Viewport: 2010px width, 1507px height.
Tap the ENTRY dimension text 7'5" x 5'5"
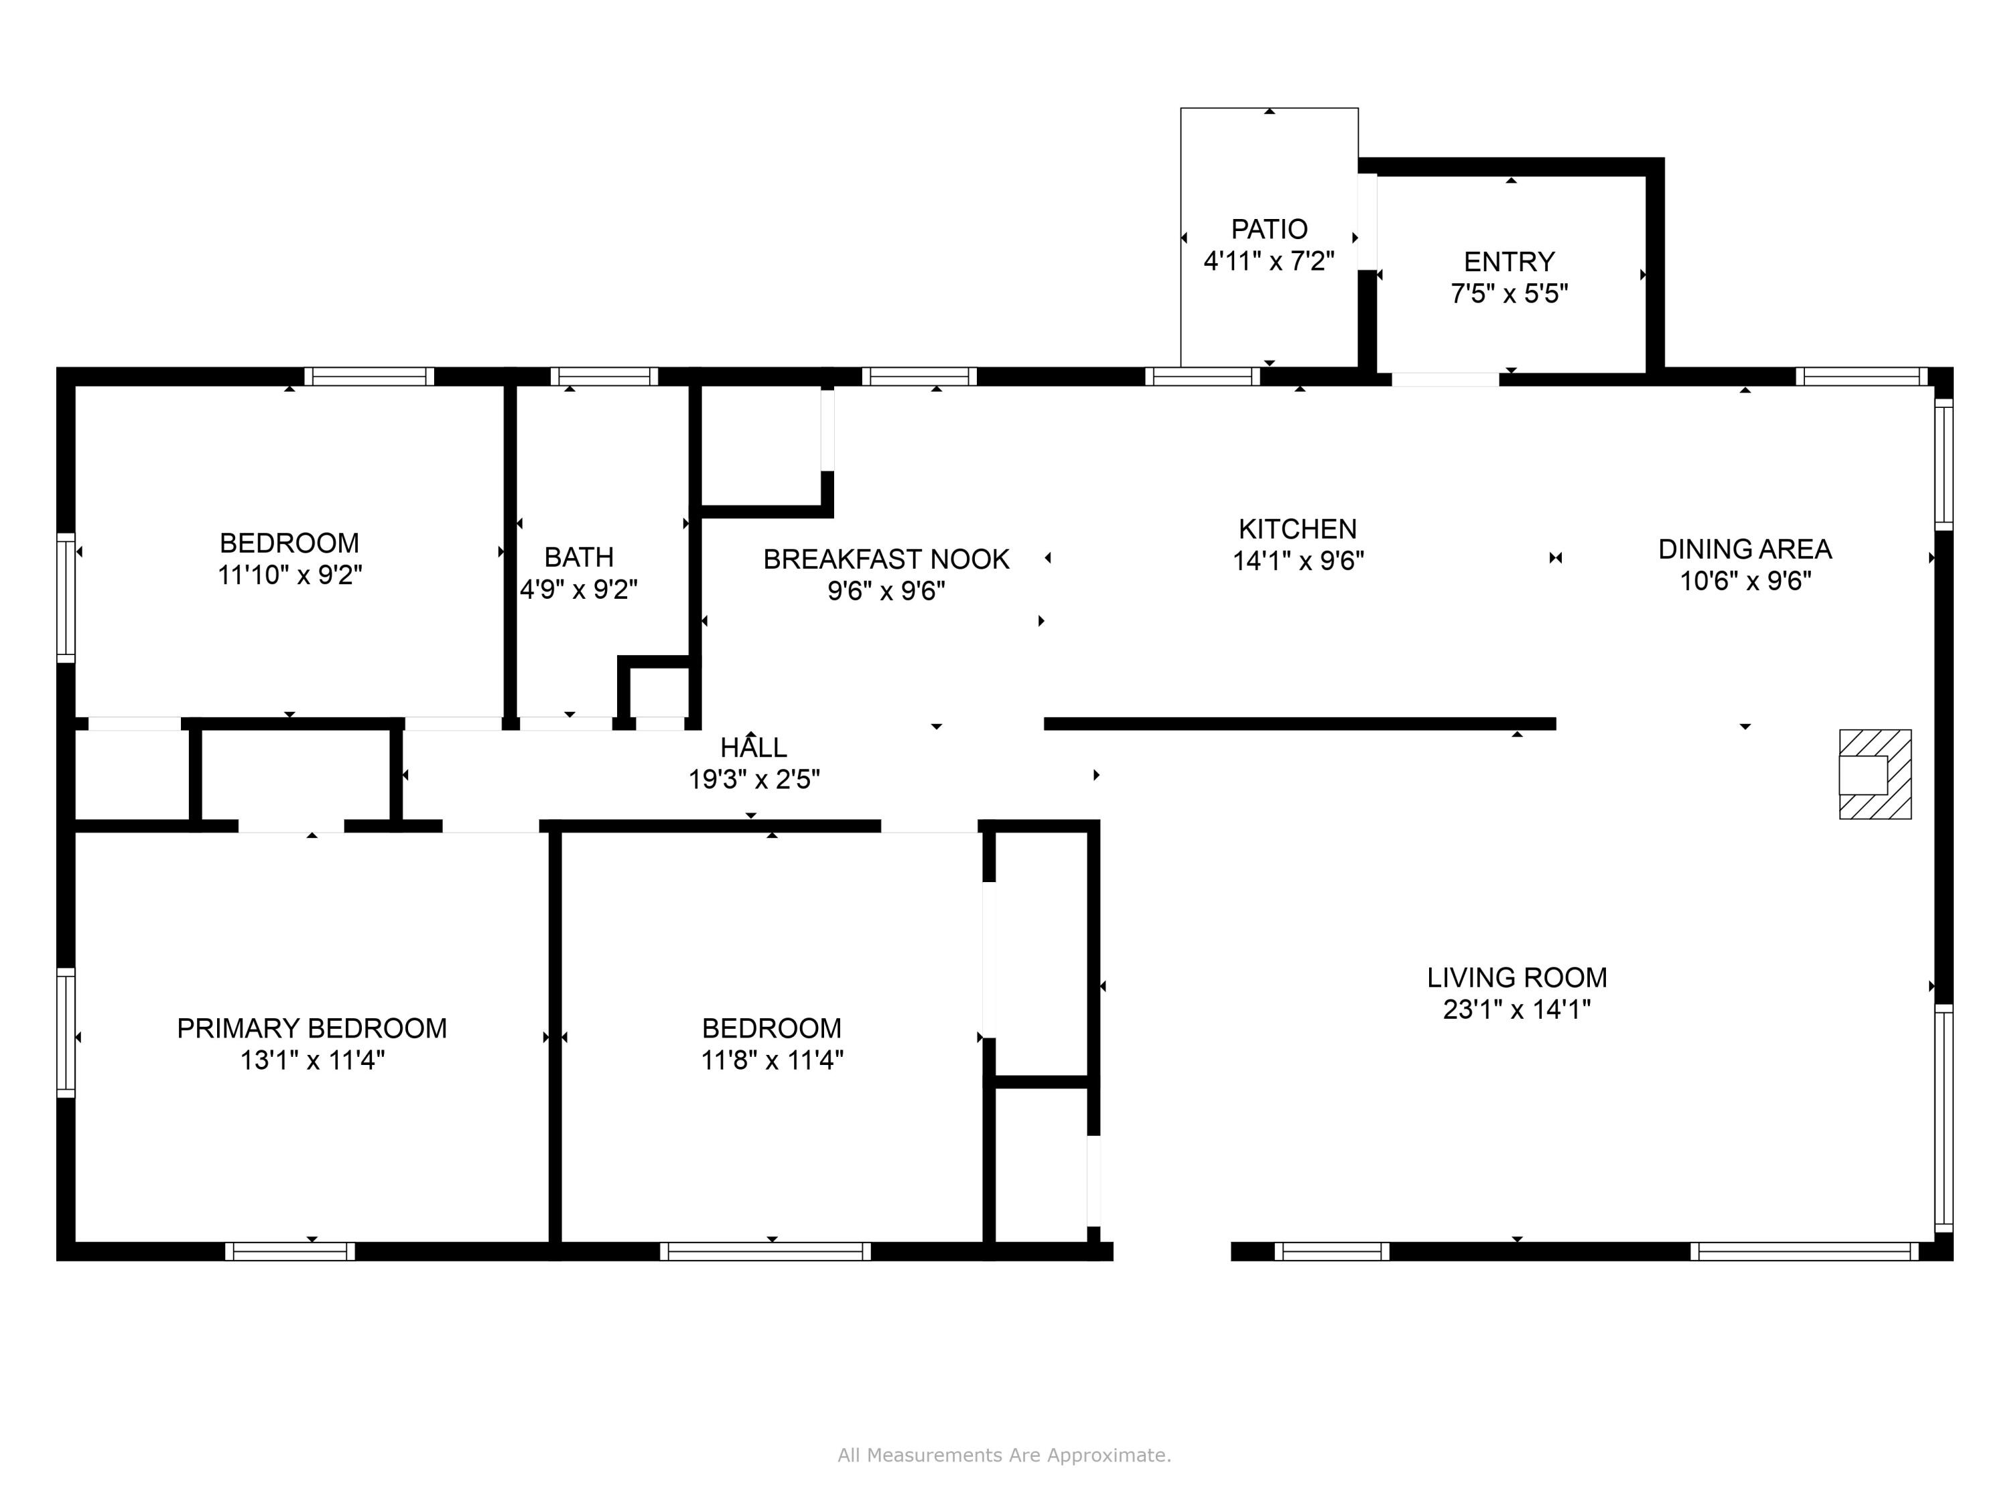(x=1510, y=294)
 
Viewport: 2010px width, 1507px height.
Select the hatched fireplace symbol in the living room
(x=1875, y=774)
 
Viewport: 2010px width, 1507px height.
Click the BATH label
(x=579, y=557)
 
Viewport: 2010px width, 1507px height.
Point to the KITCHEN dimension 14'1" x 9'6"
(x=1298, y=561)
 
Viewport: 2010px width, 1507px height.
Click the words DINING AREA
(x=1745, y=549)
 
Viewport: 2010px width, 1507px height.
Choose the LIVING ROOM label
(x=1517, y=977)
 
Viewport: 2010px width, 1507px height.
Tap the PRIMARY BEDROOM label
(x=312, y=1028)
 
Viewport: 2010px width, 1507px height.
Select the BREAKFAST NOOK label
(x=886, y=559)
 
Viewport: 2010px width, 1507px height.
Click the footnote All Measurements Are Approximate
(x=1004, y=1455)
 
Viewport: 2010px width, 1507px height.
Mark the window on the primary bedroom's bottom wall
(x=290, y=1252)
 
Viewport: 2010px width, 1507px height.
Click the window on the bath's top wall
(x=604, y=376)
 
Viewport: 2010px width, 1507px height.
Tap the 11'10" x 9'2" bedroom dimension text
(x=290, y=575)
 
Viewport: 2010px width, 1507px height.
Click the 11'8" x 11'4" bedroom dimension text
(x=771, y=1060)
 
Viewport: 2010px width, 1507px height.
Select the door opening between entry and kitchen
(x=1445, y=379)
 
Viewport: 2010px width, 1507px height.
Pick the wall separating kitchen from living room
(x=1299, y=724)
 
